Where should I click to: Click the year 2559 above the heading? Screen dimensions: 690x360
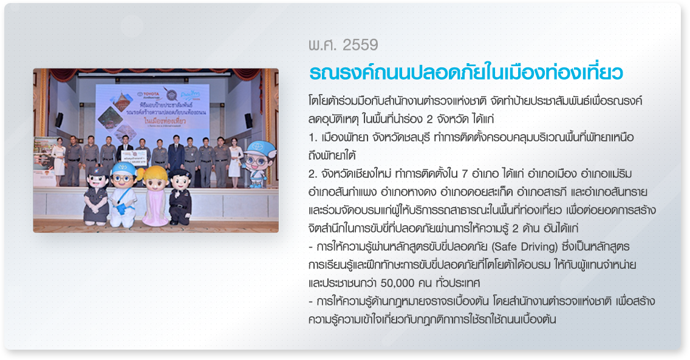[x=360, y=45]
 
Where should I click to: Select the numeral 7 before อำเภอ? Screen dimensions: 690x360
[x=465, y=174]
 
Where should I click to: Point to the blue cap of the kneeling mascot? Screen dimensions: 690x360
[x=124, y=168]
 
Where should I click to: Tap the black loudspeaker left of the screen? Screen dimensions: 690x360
[x=59, y=120]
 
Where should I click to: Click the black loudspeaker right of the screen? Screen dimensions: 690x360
[x=248, y=121]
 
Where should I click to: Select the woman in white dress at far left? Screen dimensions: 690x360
[x=58, y=161]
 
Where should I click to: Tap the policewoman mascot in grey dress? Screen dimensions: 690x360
[x=97, y=196]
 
